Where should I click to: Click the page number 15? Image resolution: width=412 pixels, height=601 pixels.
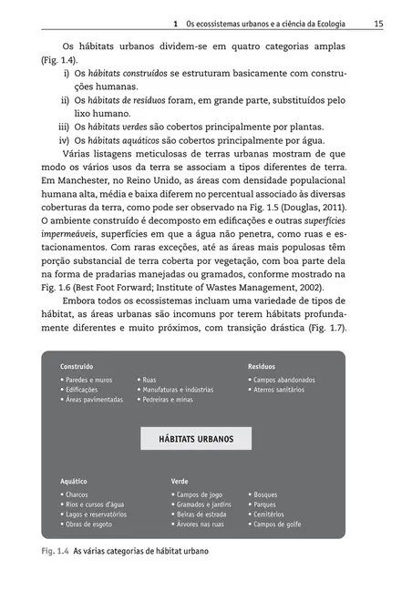click(x=376, y=23)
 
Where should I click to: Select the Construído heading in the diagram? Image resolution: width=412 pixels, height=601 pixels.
click(x=77, y=366)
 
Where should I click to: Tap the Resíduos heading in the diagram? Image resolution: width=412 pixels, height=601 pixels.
click(x=262, y=366)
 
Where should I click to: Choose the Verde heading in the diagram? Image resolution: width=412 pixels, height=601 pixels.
click(x=180, y=481)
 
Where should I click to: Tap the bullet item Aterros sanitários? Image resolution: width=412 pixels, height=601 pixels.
click(x=283, y=389)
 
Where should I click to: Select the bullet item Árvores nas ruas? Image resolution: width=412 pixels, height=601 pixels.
click(x=199, y=525)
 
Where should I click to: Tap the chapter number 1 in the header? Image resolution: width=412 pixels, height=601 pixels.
click(x=174, y=23)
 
